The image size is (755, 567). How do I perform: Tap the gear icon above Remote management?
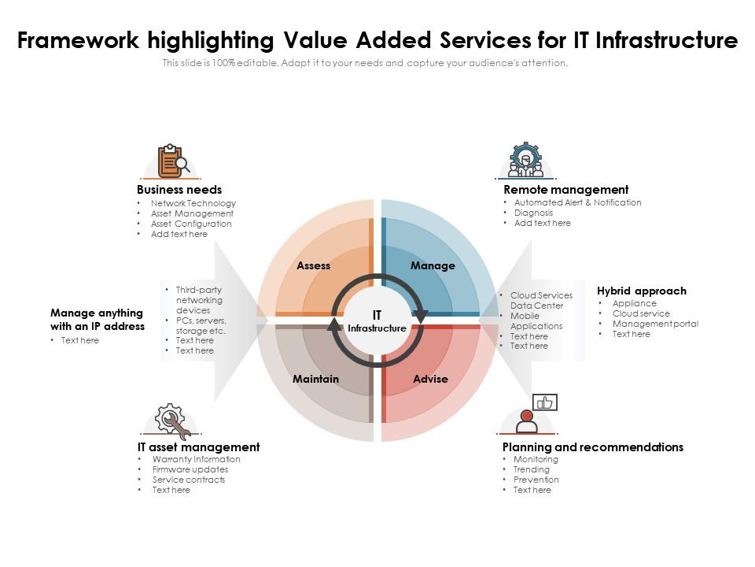(x=525, y=159)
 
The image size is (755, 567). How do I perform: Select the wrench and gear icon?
(x=172, y=421)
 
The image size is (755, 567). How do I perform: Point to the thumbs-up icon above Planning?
(x=544, y=402)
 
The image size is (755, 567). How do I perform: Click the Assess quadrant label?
(x=313, y=266)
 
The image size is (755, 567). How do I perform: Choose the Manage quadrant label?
(x=433, y=266)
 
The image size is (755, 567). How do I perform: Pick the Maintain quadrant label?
(x=315, y=380)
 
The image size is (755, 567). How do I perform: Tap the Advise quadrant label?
(x=430, y=380)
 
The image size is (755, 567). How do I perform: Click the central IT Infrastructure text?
(x=377, y=321)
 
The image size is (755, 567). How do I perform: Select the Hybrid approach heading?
(x=641, y=291)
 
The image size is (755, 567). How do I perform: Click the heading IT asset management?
(x=198, y=447)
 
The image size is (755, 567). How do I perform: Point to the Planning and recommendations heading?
(x=592, y=447)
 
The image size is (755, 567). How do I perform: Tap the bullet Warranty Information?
(x=196, y=460)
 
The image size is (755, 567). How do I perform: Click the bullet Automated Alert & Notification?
(x=577, y=203)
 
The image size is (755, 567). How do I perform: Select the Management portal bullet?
(x=655, y=324)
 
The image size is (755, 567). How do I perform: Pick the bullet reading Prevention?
(x=536, y=480)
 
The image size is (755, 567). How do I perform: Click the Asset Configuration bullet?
(x=191, y=224)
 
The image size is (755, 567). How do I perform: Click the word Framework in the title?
(x=72, y=40)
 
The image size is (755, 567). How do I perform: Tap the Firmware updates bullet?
(x=190, y=470)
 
